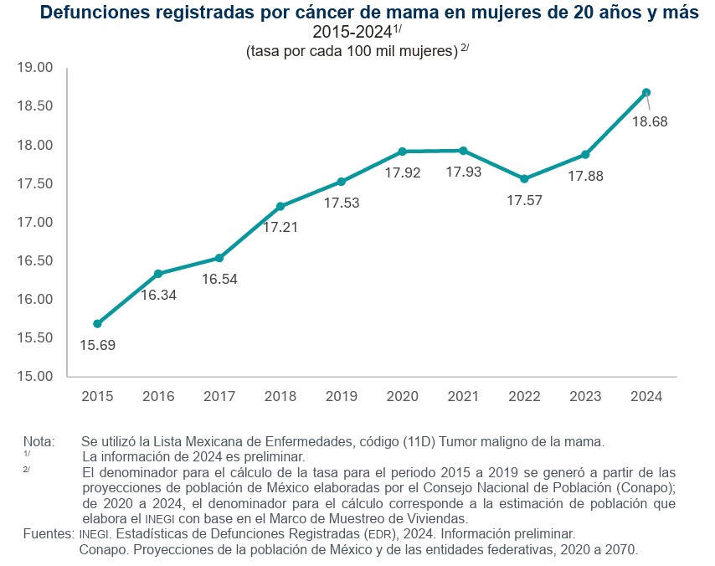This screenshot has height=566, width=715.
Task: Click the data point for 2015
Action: [x=97, y=323]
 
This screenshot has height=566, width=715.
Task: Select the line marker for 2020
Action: [x=403, y=152]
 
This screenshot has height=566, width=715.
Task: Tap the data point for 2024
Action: [x=646, y=92]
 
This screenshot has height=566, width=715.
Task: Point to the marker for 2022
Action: [x=524, y=178]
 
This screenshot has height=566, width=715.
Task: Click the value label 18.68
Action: [x=650, y=122]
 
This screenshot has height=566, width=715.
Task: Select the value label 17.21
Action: [x=281, y=226]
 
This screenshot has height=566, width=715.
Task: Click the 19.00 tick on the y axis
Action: [x=35, y=68]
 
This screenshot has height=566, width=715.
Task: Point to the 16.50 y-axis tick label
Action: [x=35, y=261]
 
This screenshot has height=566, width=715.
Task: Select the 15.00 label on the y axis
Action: [x=35, y=377]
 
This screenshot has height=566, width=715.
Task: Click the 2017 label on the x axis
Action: [x=219, y=396]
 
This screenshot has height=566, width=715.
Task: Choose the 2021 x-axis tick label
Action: [x=464, y=396]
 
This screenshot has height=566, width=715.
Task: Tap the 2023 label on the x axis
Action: [x=585, y=396]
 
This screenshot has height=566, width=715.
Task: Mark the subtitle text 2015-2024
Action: [x=352, y=33]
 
